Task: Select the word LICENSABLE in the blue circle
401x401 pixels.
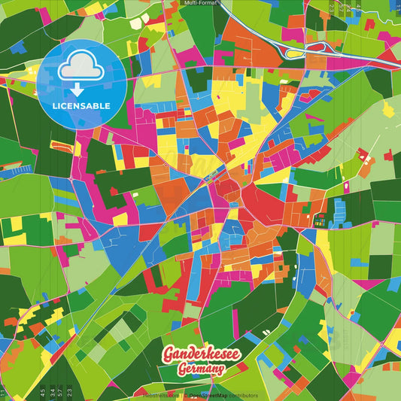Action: click(81, 105)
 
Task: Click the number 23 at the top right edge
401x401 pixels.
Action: click(332, 6)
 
